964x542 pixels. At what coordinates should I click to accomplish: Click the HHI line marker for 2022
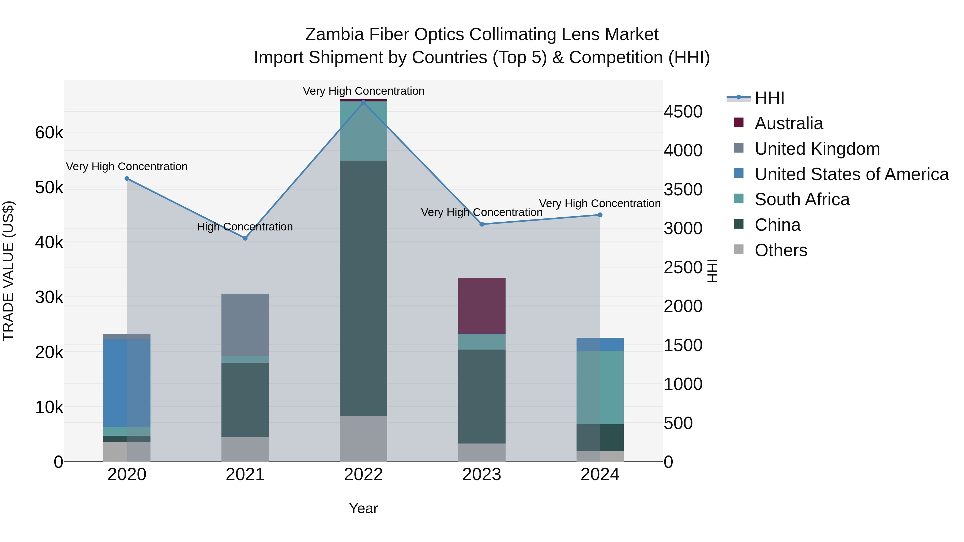[363, 102]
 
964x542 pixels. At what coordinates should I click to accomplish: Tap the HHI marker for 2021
[245, 238]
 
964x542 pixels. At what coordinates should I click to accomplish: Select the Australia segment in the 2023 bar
[482, 306]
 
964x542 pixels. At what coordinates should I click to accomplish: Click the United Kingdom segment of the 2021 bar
[245, 325]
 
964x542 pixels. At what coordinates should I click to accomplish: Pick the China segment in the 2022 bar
[363, 288]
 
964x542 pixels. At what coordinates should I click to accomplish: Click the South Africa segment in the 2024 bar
[600, 388]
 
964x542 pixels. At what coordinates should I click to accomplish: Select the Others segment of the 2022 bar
[363, 439]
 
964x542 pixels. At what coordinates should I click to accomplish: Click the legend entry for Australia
[789, 123]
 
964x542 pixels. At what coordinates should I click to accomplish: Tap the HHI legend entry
[769, 98]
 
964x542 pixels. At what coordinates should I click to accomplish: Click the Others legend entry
[781, 250]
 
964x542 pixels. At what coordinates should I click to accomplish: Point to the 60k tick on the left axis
[49, 132]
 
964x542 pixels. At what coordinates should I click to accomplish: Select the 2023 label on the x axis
[482, 475]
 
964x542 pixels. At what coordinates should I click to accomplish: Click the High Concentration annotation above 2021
[245, 227]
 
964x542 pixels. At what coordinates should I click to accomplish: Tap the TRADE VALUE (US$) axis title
[8, 271]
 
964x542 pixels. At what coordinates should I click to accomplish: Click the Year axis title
[363, 508]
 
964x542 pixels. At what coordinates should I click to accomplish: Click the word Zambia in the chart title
[334, 35]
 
